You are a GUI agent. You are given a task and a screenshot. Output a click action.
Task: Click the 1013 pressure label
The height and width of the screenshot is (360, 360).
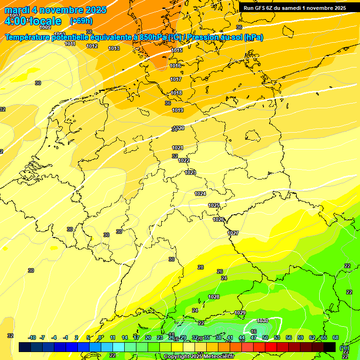pyautogui.click(x=114, y=48)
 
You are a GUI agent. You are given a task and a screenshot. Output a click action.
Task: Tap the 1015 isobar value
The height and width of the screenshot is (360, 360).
pyautogui.click(x=177, y=50)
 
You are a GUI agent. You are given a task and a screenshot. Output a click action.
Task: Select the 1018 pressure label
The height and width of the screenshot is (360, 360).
pyautogui.click(x=176, y=93)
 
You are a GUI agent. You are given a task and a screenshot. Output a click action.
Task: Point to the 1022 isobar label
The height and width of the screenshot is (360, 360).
pyautogui.click(x=184, y=160)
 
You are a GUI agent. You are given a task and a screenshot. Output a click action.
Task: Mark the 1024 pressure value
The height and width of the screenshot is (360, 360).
pyautogui.click(x=200, y=194)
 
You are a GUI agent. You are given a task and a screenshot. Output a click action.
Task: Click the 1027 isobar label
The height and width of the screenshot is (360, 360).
pyautogui.click(x=233, y=233)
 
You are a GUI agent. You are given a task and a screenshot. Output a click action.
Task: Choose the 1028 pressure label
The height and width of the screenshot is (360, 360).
pyautogui.click(x=214, y=297)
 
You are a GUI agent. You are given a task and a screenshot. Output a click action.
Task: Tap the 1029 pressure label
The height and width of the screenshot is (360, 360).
pyautogui.click(x=240, y=313)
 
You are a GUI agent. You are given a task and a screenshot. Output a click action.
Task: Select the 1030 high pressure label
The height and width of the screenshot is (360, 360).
pyautogui.click(x=262, y=321)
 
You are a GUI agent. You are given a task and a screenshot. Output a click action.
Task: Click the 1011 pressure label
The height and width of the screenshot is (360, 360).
pyautogui.click(x=70, y=44)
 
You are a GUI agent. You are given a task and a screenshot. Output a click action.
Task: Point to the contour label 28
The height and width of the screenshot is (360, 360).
pyautogui.click(x=201, y=267)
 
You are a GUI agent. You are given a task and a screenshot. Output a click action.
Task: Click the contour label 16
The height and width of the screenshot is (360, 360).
pyautogui.click(x=254, y=331)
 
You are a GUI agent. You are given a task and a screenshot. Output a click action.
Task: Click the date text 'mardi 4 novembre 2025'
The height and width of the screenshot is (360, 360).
pyautogui.click(x=55, y=10)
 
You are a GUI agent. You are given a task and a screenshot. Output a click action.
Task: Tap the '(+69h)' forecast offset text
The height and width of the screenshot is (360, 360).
pyautogui.click(x=81, y=21)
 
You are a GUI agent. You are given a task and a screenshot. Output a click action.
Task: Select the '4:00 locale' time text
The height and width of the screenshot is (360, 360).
pyautogui.click(x=33, y=21)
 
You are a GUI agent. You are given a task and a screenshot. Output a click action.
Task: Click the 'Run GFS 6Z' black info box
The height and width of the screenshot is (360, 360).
pyautogui.click(x=295, y=7)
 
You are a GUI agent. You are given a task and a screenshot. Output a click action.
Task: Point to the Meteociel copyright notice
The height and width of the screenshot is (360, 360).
pyautogui.click(x=199, y=357)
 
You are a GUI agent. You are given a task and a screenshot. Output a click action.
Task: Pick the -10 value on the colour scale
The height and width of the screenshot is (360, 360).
pyautogui.click(x=32, y=337)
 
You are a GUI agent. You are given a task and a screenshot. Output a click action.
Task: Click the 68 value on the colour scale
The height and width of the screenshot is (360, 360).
pyautogui.click(x=336, y=337)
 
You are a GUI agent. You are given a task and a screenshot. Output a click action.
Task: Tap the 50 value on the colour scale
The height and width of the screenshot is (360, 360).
pyautogui.click(x=265, y=337)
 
